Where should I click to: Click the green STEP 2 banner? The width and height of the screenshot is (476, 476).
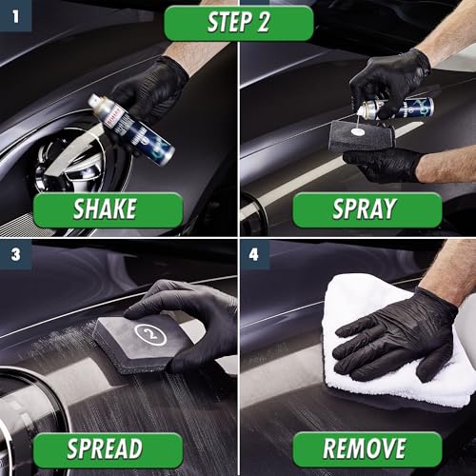tap(239, 23)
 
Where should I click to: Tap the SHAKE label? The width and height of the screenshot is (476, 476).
tap(108, 209)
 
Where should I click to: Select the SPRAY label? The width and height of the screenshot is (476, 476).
tap(367, 209)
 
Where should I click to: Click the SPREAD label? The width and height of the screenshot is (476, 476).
tap(108, 449)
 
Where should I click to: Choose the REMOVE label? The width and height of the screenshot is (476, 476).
tap(367, 449)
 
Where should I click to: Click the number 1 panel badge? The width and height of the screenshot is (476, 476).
tap(15, 16)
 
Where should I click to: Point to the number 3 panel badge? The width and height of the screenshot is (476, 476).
tap(15, 255)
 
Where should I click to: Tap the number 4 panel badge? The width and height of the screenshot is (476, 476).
tap(254, 255)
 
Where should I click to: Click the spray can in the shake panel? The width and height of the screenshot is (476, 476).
tap(130, 129)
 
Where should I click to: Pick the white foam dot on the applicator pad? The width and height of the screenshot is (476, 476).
tap(358, 131)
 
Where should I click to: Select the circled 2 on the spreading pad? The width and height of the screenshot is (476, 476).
tap(150, 334)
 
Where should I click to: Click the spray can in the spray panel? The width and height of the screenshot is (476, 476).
tap(395, 109)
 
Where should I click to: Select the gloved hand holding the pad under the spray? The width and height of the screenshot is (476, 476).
tap(383, 164)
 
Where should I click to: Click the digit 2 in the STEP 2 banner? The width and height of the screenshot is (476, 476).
tap(263, 23)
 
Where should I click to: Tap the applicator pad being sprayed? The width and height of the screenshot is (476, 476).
tap(362, 136)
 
